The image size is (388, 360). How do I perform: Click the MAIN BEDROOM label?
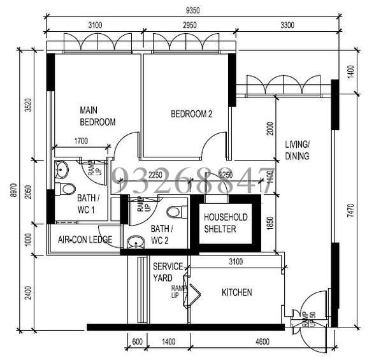(97, 115)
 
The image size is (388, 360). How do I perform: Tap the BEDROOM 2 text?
(191, 114)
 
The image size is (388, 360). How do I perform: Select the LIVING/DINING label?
(297, 150)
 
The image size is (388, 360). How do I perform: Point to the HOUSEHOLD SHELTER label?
(226, 223)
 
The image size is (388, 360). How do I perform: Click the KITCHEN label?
(236, 292)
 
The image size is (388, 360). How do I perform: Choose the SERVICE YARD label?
(168, 272)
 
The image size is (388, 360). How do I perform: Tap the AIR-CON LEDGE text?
(85, 240)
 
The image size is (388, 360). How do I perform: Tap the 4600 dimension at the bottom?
(261, 342)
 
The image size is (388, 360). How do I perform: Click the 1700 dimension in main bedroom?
(81, 141)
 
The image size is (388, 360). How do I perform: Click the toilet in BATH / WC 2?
(173, 211)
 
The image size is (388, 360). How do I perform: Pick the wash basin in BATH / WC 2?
(134, 242)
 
